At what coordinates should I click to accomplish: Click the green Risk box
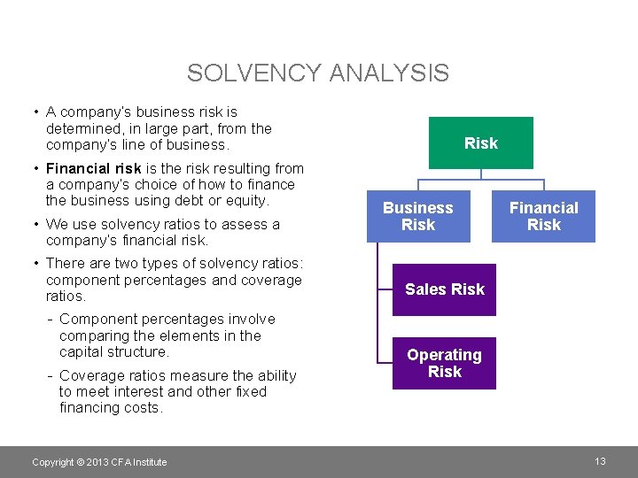pyautogui.click(x=481, y=143)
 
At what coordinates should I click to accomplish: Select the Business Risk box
pyautogui.click(x=418, y=216)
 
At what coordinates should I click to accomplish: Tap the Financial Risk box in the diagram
pyautogui.click(x=543, y=216)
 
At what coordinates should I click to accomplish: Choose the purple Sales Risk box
pyautogui.click(x=445, y=289)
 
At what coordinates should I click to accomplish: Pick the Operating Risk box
pyautogui.click(x=445, y=363)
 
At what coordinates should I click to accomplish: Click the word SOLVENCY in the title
pyautogui.click(x=254, y=73)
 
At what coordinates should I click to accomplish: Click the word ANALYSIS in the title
pyautogui.click(x=389, y=73)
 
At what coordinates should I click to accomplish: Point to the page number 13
pyautogui.click(x=600, y=461)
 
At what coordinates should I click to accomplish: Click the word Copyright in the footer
pyautogui.click(x=52, y=462)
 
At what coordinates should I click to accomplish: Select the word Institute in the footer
pyautogui.click(x=148, y=462)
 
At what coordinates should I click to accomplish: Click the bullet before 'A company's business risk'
pyautogui.click(x=34, y=112)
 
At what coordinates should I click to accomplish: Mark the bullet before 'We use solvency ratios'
pyautogui.click(x=34, y=225)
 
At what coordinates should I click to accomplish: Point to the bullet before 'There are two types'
pyautogui.click(x=34, y=264)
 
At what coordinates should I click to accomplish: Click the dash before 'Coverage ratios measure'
pyautogui.click(x=51, y=375)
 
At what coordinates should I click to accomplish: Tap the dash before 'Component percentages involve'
pyautogui.click(x=51, y=320)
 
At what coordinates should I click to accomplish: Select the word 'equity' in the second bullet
pyautogui.click(x=247, y=201)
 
